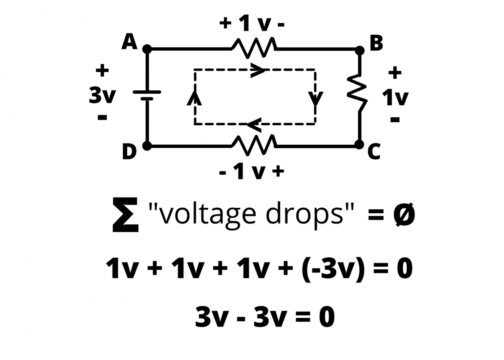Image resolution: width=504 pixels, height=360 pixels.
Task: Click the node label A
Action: pos(129,42)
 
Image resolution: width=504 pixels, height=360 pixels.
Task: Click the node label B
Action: pos(376,43)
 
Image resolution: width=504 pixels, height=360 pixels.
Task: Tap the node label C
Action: pos(374,151)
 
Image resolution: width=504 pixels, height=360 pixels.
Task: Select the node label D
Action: pos(129,152)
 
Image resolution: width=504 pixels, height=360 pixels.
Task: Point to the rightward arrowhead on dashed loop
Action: pos(257,70)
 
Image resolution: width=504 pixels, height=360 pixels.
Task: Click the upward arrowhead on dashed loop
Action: pos(194,98)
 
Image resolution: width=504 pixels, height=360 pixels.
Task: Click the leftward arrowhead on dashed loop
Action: pos(254,124)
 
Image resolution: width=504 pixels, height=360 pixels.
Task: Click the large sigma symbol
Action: pos(125,215)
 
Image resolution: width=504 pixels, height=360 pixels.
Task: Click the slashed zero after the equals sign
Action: pos(404,215)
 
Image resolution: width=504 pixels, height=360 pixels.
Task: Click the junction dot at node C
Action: pos(359,144)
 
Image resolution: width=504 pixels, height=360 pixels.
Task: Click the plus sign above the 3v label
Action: pos(102,70)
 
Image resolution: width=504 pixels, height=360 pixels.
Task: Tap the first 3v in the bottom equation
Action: pos(211,317)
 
